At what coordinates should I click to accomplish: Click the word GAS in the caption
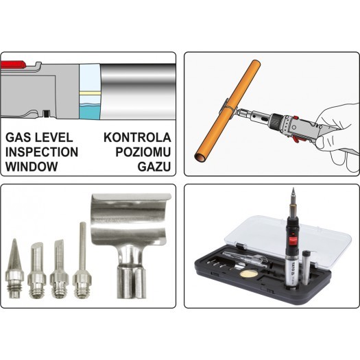click(19, 138)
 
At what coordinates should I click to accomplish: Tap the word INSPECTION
click(42, 152)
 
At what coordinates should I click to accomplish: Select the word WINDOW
click(32, 167)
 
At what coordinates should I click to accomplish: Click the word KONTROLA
click(137, 138)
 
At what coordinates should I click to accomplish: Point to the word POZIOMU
click(143, 152)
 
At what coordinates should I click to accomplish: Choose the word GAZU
click(154, 167)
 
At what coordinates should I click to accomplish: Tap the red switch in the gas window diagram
click(12, 64)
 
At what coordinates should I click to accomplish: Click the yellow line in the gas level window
click(90, 93)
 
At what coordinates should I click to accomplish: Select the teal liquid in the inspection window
click(90, 112)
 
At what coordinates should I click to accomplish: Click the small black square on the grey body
click(47, 113)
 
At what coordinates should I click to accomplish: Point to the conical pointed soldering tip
click(15, 269)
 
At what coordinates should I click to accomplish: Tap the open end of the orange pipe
click(200, 158)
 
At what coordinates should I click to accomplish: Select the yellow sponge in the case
click(247, 274)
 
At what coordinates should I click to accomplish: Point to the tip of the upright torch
click(293, 189)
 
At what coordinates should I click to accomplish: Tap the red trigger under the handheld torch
click(296, 139)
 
